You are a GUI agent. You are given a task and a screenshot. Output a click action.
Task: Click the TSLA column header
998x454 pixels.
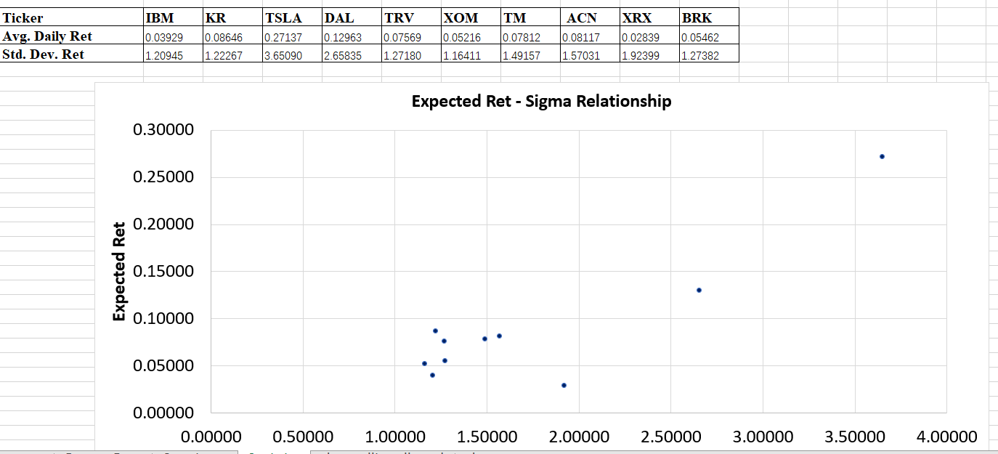(x=284, y=17)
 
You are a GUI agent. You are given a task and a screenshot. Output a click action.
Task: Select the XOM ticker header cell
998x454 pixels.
(x=461, y=17)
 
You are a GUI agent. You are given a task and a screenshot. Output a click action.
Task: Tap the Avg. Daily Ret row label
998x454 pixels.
(x=48, y=36)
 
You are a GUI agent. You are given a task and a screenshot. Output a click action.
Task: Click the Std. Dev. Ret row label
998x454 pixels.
(x=44, y=54)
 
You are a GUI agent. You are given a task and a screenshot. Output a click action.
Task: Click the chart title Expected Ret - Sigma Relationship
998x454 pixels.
(x=541, y=101)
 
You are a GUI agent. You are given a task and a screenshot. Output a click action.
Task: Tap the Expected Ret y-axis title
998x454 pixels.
(x=119, y=271)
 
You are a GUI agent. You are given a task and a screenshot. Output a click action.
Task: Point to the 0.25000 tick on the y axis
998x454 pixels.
(x=163, y=177)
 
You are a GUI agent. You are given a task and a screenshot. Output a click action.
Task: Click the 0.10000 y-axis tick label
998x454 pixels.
(x=163, y=318)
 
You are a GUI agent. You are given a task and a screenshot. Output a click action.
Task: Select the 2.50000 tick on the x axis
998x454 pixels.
(x=670, y=437)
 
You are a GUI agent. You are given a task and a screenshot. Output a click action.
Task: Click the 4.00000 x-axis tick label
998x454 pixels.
(x=946, y=437)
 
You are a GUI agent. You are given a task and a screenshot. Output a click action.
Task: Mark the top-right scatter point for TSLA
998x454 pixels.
(x=882, y=156)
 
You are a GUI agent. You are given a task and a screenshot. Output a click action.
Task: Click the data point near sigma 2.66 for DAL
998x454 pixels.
(x=699, y=290)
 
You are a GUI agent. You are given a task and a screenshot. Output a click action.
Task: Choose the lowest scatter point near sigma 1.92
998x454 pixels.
(x=564, y=385)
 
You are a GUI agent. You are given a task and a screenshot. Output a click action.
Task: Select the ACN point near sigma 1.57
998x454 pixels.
(x=499, y=336)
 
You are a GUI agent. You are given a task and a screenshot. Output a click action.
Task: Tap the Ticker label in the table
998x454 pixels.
(x=23, y=17)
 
